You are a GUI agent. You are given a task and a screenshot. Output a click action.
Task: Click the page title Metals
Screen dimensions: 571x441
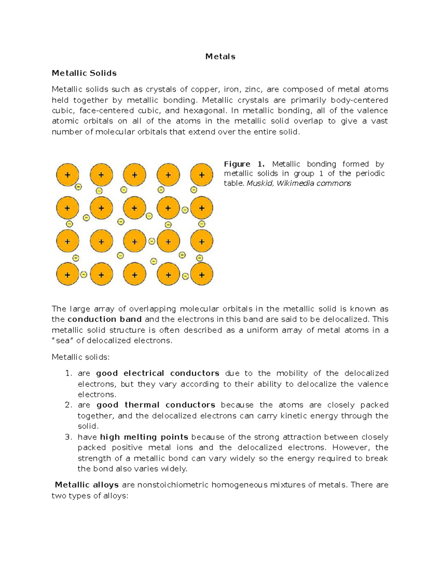click(220, 57)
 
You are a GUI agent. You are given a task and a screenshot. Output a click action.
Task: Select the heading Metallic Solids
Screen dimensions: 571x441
click(84, 73)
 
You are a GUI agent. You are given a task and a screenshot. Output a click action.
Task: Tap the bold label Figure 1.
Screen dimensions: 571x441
click(244, 164)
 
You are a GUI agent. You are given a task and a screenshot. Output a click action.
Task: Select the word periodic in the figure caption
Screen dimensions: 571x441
click(370, 174)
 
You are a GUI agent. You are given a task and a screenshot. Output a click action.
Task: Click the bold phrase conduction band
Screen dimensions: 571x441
click(105, 319)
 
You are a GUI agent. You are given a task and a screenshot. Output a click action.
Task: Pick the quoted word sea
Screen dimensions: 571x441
click(62, 340)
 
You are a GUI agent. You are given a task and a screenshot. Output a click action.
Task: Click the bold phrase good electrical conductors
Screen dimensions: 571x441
click(158, 373)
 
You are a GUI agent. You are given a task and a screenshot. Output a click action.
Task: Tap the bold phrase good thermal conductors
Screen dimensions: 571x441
click(156, 405)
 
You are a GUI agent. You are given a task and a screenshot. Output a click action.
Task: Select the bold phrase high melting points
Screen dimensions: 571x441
click(144, 437)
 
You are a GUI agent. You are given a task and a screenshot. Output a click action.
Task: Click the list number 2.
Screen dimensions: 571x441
click(68, 405)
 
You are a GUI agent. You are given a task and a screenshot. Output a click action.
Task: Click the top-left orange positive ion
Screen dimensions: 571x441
click(67, 175)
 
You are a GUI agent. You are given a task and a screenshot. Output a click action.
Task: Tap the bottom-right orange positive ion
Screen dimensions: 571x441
click(201, 274)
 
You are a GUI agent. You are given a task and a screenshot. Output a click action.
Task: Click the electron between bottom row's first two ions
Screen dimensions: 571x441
click(84, 274)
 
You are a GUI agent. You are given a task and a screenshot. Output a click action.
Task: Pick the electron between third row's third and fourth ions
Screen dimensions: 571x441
click(151, 241)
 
